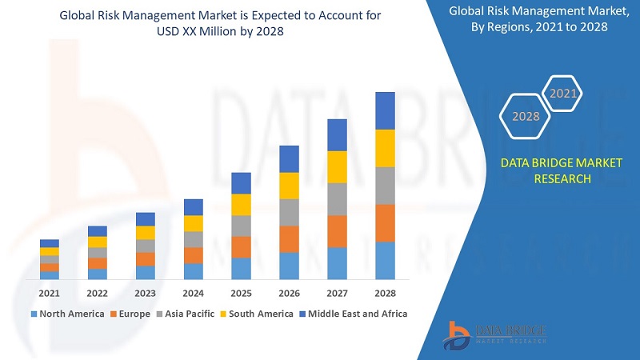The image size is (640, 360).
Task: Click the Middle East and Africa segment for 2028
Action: (x=385, y=110)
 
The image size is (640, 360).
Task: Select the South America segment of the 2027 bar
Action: (x=337, y=166)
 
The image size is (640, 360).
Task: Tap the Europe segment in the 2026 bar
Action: (x=289, y=239)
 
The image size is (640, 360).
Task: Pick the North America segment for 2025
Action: (x=241, y=268)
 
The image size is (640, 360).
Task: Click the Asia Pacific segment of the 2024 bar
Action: (x=193, y=239)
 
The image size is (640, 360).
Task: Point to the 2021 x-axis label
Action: (x=50, y=293)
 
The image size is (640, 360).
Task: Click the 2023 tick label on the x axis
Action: (x=145, y=293)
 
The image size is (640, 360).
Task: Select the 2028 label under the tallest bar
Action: (x=385, y=293)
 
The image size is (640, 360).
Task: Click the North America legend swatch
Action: (x=34, y=314)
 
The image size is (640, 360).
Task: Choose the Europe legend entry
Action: (x=130, y=314)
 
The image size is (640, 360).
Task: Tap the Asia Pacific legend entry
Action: (x=186, y=314)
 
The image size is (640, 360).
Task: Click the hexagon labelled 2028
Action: (x=526, y=117)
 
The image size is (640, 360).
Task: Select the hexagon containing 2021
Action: (x=563, y=94)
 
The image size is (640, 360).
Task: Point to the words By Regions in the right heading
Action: (x=498, y=26)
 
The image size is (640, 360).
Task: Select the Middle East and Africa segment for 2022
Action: (x=97, y=231)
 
